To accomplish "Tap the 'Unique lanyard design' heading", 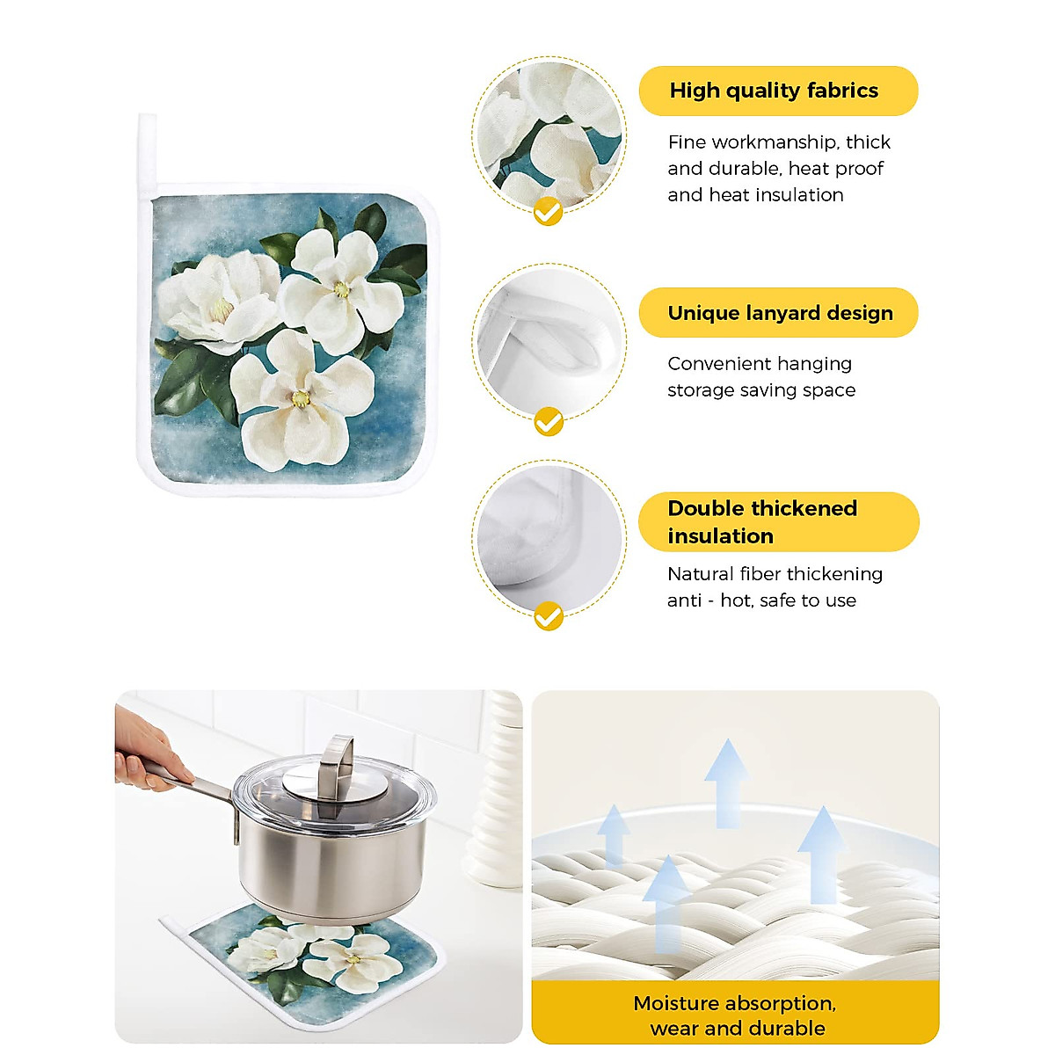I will pyautogui.click(x=779, y=313).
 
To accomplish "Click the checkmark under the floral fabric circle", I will pyautogui.click(x=549, y=212).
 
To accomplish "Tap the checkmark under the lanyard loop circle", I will pyautogui.click(x=549, y=423).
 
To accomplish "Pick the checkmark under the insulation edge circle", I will pyautogui.click(x=549, y=615).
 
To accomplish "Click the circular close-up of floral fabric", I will pyautogui.click(x=549, y=132).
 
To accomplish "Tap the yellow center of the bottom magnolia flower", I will pyautogui.click(x=301, y=399).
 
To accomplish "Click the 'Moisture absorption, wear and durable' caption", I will pyautogui.click(x=735, y=1015).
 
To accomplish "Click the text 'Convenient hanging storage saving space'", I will pyautogui.click(x=760, y=376).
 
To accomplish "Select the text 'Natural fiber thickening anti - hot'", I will pyautogui.click(x=774, y=586).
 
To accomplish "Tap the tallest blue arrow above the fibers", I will pyautogui.click(x=726, y=782).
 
